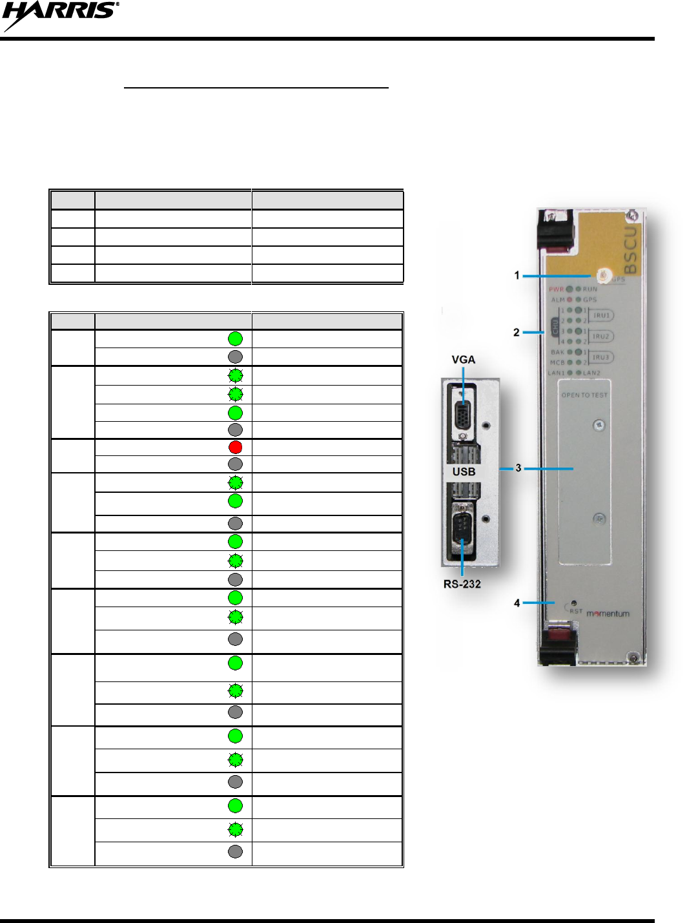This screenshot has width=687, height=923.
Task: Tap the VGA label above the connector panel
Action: (x=463, y=360)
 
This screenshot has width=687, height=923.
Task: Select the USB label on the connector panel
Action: (x=464, y=472)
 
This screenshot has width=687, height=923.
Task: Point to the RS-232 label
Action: (x=462, y=584)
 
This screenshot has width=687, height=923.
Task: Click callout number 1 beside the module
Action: (x=517, y=275)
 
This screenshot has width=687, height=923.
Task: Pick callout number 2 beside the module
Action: (x=516, y=332)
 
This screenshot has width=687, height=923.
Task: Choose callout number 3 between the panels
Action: (x=518, y=468)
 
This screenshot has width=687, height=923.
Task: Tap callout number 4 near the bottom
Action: (x=517, y=603)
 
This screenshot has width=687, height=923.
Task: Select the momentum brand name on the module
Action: (x=608, y=614)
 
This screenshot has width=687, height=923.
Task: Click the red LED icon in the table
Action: (x=236, y=447)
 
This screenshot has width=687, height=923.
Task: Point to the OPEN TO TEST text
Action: (x=584, y=395)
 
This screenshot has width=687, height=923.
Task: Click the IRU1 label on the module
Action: (x=601, y=316)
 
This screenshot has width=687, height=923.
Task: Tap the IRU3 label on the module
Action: (x=601, y=357)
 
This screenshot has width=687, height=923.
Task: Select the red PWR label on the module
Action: (x=556, y=289)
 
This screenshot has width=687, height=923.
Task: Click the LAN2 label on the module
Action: (x=591, y=373)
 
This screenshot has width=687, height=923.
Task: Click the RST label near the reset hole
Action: (x=575, y=611)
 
